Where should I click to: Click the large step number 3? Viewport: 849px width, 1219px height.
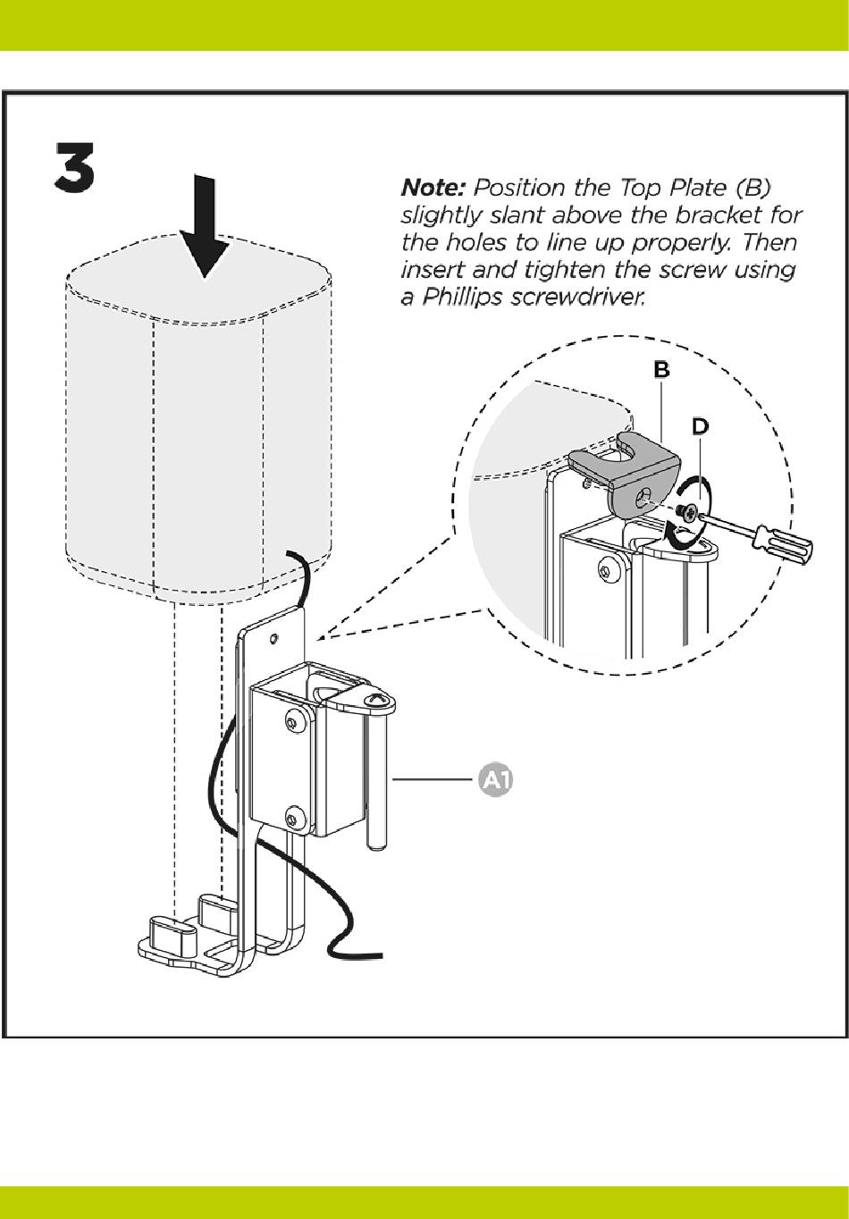[73, 167]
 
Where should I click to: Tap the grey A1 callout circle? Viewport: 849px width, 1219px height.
[497, 780]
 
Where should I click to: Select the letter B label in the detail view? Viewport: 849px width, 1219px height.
[661, 369]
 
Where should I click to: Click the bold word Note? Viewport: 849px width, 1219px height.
[433, 189]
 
